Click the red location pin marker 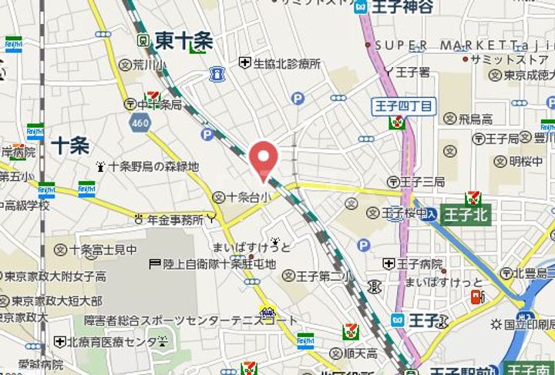[x=264, y=160]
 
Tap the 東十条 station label [x=183, y=40]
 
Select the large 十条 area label [x=70, y=146]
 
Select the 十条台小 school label [x=249, y=197]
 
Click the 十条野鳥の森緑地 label [x=153, y=166]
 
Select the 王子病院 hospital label [x=419, y=264]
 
